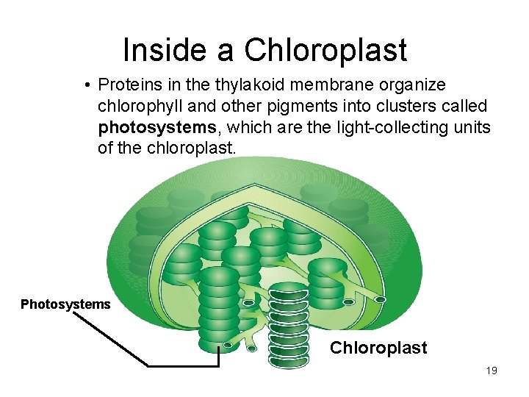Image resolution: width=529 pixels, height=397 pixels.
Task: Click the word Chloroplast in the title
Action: point(325,50)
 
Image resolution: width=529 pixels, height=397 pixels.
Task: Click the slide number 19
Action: point(491,371)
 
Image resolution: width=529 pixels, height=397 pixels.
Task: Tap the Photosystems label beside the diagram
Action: point(65,304)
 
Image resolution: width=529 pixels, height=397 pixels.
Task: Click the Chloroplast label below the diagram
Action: point(378,348)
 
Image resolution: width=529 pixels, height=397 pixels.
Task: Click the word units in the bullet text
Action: point(472,127)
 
